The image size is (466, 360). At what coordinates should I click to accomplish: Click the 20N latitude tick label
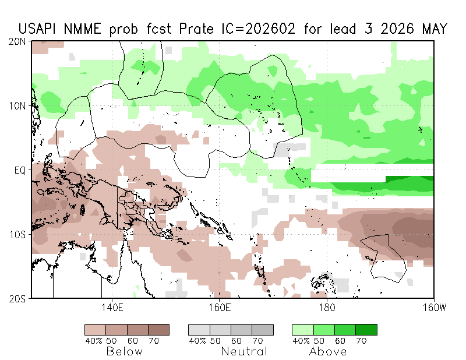(19, 41)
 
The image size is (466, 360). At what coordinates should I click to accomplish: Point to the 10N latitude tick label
(19, 106)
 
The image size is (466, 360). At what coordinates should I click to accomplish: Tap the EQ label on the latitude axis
(21, 170)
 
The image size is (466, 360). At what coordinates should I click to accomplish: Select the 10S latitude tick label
(19, 234)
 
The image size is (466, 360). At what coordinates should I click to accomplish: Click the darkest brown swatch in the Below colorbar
(158, 330)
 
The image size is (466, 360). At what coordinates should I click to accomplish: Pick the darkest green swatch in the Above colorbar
(366, 330)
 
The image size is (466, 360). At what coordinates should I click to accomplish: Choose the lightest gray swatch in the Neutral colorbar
(199, 330)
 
